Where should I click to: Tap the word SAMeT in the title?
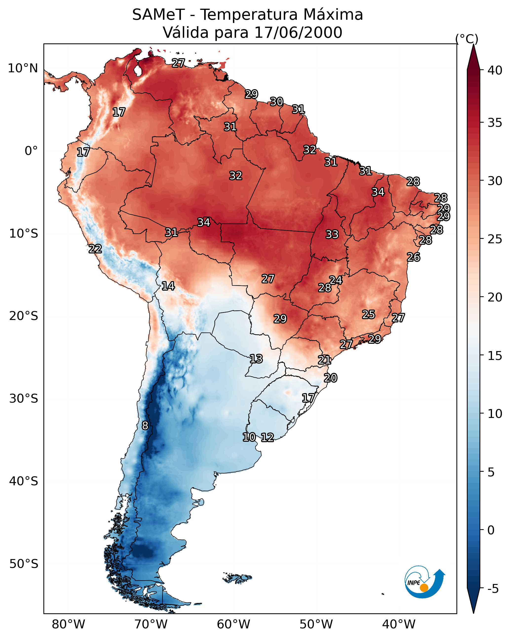(158, 15)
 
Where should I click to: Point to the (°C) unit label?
(467, 39)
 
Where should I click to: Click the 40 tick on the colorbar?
(495, 70)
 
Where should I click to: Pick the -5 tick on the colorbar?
(493, 589)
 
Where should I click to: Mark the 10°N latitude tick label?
(23, 68)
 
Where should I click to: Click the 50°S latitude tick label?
(24, 564)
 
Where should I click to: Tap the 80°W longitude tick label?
(68, 624)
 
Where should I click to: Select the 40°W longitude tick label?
(399, 624)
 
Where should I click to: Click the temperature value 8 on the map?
(145, 426)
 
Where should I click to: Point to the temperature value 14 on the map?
(168, 286)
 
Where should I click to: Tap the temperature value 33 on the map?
(332, 234)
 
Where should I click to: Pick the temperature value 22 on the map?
(95, 249)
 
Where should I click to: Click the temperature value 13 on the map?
(256, 359)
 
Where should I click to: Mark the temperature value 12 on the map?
(267, 437)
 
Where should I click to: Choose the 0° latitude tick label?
(31, 151)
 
